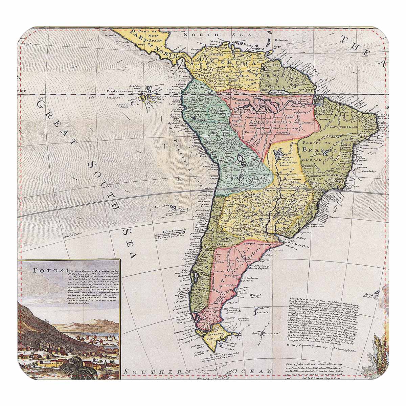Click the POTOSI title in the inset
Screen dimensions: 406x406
[45, 270]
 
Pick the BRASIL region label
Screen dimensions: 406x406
[320, 149]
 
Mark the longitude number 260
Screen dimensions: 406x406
[90, 98]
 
